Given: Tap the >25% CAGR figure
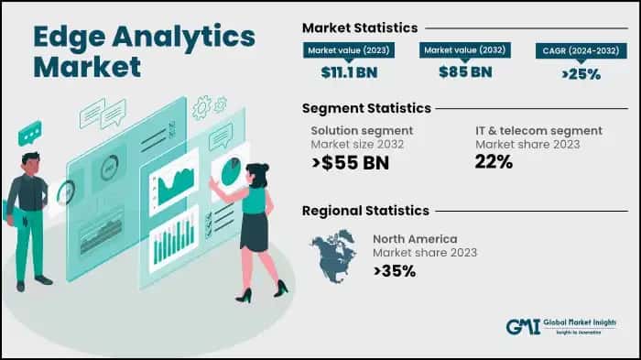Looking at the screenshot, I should [581, 73].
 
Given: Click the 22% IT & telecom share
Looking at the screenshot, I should [493, 162].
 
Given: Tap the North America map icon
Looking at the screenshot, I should [334, 255].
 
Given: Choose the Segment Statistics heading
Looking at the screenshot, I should [365, 108].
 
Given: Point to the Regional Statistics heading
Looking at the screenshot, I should [365, 211].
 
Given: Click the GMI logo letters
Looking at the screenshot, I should [525, 328].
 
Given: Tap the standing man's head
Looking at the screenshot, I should [30, 161].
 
